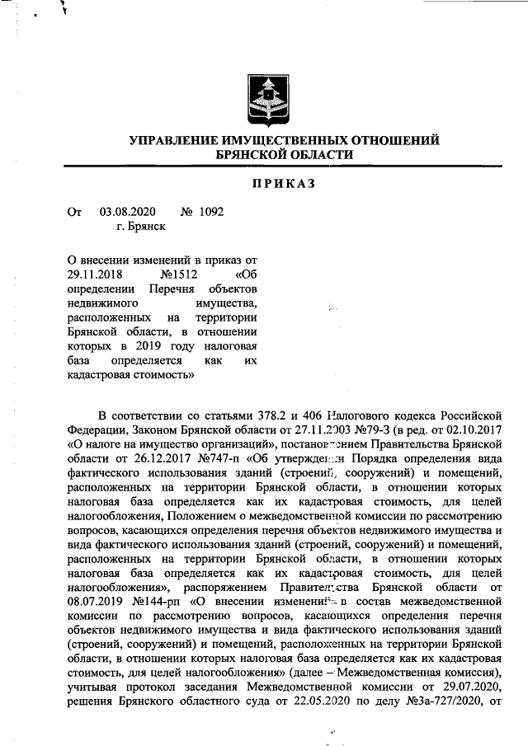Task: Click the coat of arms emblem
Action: (x=264, y=98)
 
